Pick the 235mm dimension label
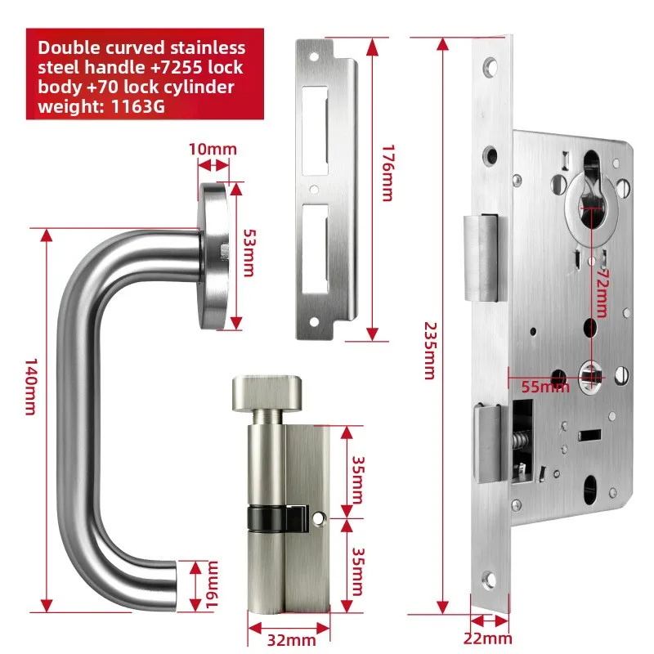[x=428, y=348]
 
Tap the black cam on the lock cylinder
[x=271, y=517]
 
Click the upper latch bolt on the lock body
[x=481, y=258]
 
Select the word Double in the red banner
[x=73, y=47]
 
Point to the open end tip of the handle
[x=174, y=588]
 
